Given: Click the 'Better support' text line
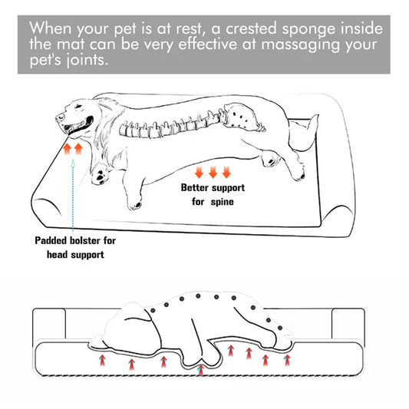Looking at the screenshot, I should (x=213, y=187).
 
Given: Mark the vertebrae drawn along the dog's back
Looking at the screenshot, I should (x=176, y=124).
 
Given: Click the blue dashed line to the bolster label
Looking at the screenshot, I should (x=73, y=192).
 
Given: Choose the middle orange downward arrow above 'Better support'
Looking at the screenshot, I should (x=213, y=171).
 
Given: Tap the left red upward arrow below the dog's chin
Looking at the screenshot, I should (x=67, y=148).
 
